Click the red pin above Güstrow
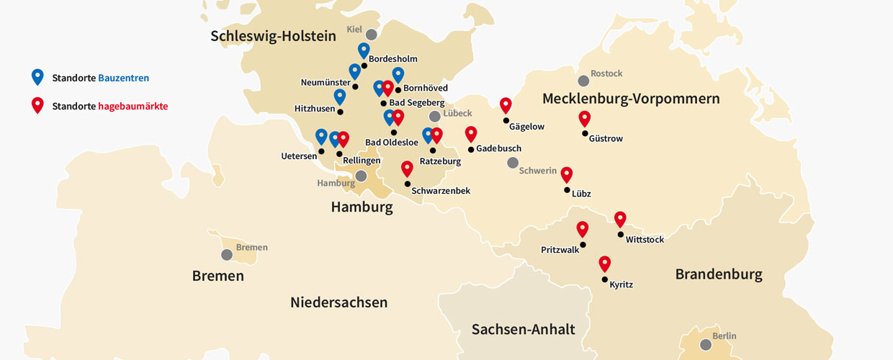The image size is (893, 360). tap(584, 119)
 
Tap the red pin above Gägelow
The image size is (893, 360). tap(506, 105)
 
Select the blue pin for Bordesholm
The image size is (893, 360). tap(364, 50)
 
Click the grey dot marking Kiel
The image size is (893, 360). tap(371, 35)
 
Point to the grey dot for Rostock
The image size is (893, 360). tap(583, 81)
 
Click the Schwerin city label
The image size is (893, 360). tap(538, 171)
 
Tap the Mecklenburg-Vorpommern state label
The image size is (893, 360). tap(631, 99)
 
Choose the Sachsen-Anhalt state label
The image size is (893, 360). tap(523, 329)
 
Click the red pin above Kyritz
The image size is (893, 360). tap(604, 264)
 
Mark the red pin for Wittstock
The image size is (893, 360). tap(620, 219)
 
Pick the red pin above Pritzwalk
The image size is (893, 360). tap(583, 229)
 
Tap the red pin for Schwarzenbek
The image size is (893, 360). tap(407, 168)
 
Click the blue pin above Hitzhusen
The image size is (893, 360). tap(340, 96)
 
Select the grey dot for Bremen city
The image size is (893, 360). tap(227, 254)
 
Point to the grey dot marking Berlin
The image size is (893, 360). tap(705, 344)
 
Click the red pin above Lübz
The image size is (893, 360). tap(567, 174)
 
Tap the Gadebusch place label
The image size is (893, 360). tap(498, 148)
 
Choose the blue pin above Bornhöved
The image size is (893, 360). tap(398, 74)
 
